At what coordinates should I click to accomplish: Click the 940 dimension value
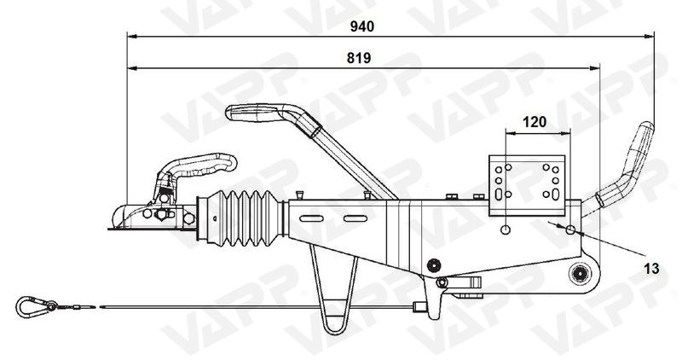[x=362, y=27]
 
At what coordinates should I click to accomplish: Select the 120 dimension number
[x=534, y=122]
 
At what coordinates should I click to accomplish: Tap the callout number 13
[x=651, y=269]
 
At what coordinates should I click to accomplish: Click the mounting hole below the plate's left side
[x=506, y=229]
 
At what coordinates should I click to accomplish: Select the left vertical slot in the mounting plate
[x=498, y=182]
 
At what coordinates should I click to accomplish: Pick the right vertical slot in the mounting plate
[x=556, y=182]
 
